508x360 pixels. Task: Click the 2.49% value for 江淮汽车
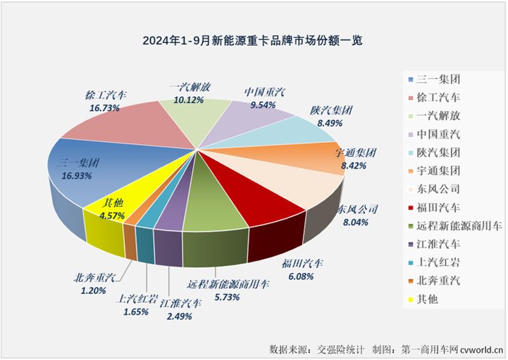pos(181,316)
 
